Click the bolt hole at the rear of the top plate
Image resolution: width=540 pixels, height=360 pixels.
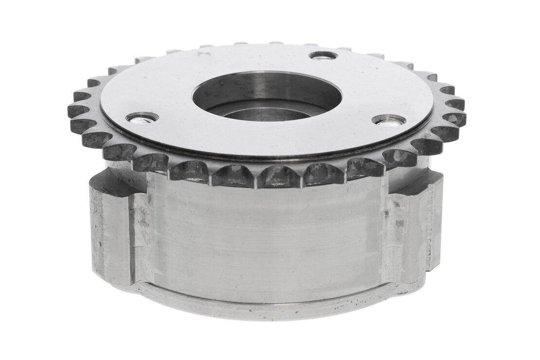click(x=323, y=55)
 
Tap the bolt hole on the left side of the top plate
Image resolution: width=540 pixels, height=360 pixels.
click(x=142, y=118)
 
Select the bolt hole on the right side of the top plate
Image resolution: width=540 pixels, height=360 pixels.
click(x=389, y=120)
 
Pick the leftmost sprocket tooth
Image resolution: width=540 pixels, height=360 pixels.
click(x=76, y=111)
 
